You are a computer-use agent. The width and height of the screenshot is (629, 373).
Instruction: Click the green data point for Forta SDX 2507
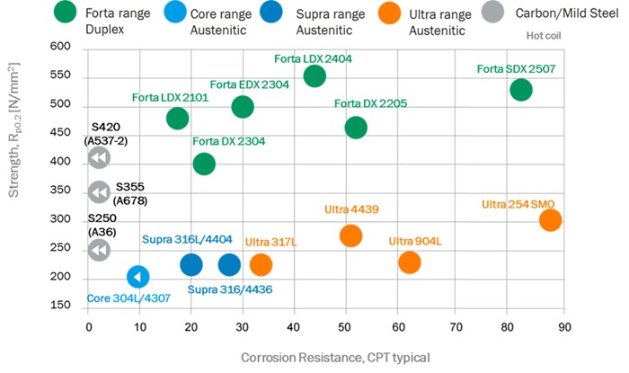(521, 90)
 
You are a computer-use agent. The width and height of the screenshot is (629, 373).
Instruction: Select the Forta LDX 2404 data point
(314, 75)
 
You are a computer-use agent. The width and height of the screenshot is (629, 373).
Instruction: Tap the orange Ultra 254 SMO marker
(550, 220)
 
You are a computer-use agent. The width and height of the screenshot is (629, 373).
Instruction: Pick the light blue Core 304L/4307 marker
(137, 277)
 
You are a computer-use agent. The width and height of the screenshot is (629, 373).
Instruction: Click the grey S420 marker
(99, 158)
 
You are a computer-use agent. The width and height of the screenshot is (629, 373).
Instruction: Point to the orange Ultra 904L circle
(410, 262)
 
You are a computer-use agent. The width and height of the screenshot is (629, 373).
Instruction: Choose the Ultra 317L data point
(261, 264)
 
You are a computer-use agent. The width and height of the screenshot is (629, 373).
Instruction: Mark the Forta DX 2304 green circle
(204, 164)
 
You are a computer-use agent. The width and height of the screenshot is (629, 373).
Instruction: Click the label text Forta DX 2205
(370, 103)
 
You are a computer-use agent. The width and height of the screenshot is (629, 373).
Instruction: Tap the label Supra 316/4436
(230, 289)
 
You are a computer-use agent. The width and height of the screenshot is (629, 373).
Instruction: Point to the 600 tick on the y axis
(58, 47)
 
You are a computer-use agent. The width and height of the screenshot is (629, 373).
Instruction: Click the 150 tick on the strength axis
(58, 306)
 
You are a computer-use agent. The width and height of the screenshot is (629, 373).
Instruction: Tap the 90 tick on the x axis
(564, 328)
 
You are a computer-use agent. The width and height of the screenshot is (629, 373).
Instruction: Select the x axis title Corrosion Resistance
(334, 358)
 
